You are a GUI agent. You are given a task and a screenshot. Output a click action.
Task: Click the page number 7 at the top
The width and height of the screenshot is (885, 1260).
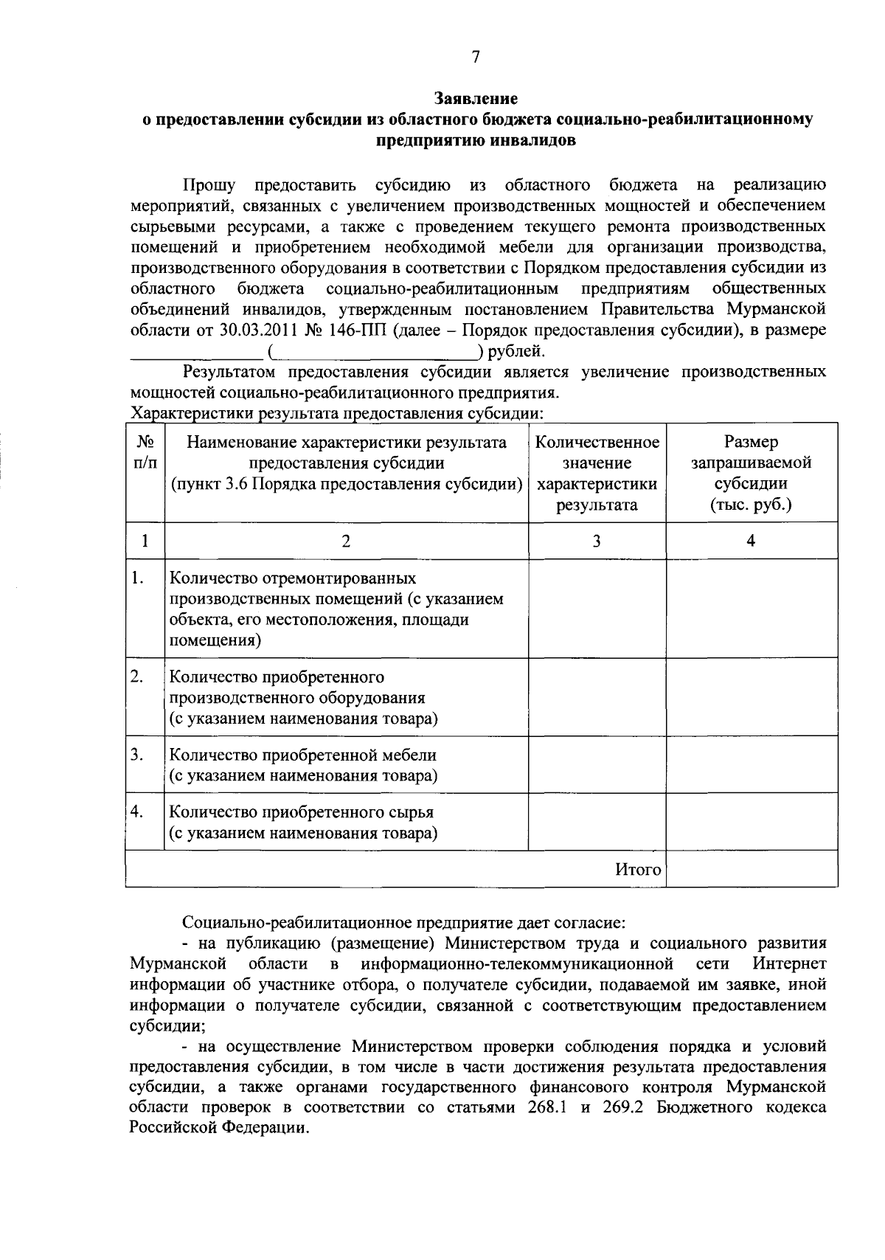click(x=476, y=58)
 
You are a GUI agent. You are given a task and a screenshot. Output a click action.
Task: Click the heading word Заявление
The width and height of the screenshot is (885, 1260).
click(x=476, y=98)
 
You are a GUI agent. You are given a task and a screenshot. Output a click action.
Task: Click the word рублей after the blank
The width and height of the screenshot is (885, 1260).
click(x=521, y=350)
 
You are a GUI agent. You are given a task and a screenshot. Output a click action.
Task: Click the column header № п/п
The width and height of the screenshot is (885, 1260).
click(x=145, y=452)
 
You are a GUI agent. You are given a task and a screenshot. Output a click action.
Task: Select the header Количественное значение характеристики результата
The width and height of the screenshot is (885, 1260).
click(x=597, y=473)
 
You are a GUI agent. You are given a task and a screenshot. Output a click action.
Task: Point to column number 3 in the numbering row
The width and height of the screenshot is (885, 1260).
click(x=596, y=541)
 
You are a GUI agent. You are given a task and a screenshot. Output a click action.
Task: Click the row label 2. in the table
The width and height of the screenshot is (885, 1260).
click(x=136, y=676)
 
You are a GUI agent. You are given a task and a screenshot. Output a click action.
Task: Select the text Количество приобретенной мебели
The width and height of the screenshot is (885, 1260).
click(x=303, y=755)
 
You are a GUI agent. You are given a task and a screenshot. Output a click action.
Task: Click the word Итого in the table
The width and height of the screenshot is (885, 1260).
click(x=638, y=869)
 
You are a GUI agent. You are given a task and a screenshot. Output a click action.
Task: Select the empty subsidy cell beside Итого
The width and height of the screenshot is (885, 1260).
click(x=751, y=868)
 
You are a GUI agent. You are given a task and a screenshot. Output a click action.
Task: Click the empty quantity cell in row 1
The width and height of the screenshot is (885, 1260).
click(x=597, y=608)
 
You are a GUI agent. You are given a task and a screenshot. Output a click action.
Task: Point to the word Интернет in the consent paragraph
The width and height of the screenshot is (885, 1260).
click(x=789, y=963)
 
